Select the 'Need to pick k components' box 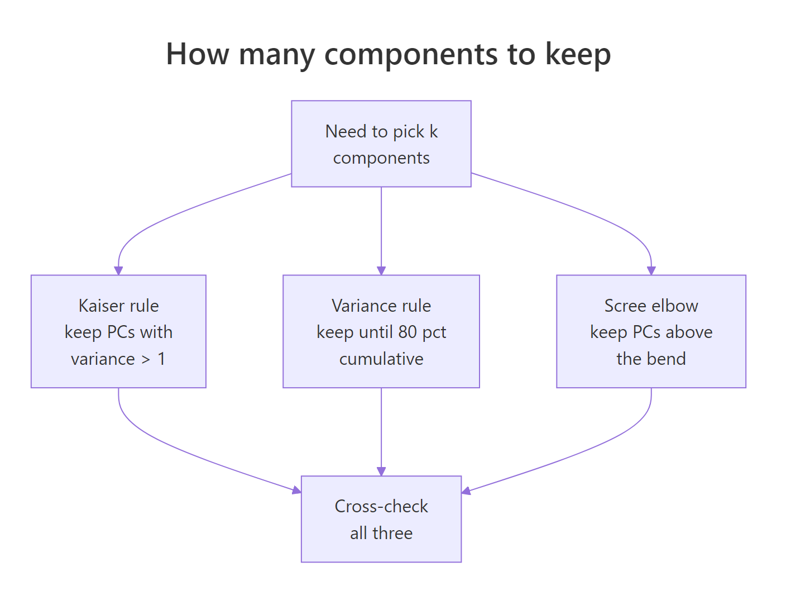click(x=381, y=144)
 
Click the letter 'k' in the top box click(x=433, y=131)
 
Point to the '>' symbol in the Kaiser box click(x=146, y=359)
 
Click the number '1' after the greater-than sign click(x=161, y=359)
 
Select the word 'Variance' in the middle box click(x=357, y=306)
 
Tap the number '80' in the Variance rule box click(x=408, y=332)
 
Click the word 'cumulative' click(x=381, y=359)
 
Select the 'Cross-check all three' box click(x=381, y=519)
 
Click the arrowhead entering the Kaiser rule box click(x=118, y=271)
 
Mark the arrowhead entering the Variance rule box click(x=381, y=271)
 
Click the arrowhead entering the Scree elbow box click(x=651, y=271)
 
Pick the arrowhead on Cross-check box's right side click(x=466, y=492)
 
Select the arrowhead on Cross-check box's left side click(x=297, y=491)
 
